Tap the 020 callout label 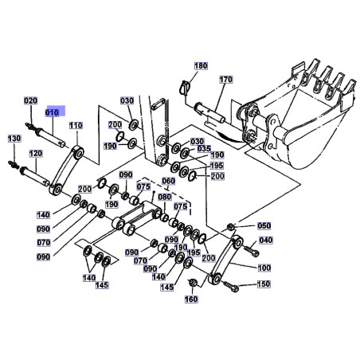click(x=31, y=101)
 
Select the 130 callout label click(x=14, y=139)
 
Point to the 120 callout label click(x=36, y=154)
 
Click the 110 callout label click(x=76, y=125)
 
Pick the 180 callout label click(x=201, y=66)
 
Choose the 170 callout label click(x=226, y=80)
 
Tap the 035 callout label click(x=204, y=149)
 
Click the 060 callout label click(x=169, y=181)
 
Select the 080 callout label click(x=165, y=197)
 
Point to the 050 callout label click(x=264, y=226)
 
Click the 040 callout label click(x=266, y=241)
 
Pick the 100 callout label click(x=264, y=268)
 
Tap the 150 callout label click(x=264, y=284)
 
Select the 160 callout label click(x=191, y=299)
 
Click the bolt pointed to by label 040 click(x=251, y=251)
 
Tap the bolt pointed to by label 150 click(x=230, y=287)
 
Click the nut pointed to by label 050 click(x=230, y=227)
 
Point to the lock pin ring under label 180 click(x=184, y=87)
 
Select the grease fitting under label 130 click(x=14, y=164)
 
